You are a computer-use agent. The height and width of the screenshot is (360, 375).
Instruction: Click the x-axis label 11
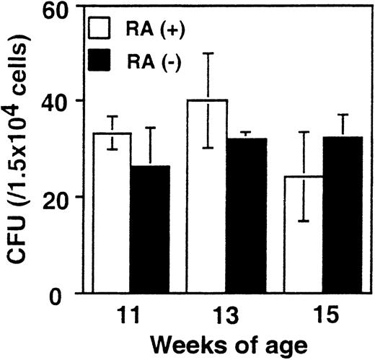tap(130, 316)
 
